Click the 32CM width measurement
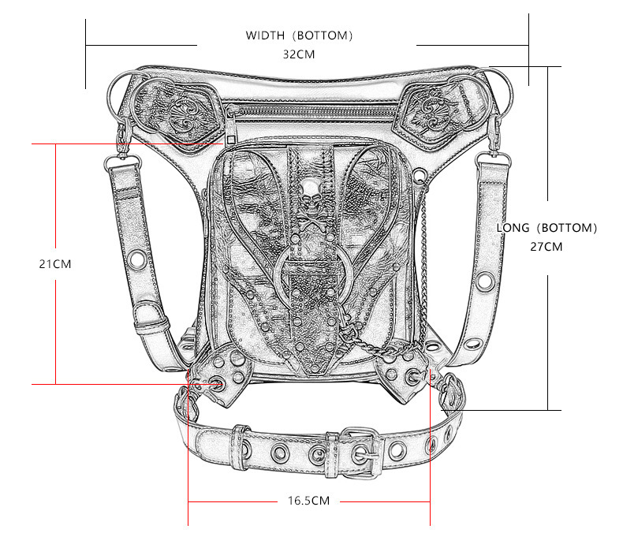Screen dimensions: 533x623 click(x=299, y=55)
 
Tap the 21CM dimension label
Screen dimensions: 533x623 click(x=55, y=264)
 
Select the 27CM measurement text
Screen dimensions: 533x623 click(x=547, y=246)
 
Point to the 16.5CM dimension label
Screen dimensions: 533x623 click(x=308, y=501)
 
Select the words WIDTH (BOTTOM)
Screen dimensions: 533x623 click(x=299, y=35)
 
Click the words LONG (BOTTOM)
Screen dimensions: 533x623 click(x=547, y=228)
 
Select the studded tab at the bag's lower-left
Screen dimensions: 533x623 click(x=223, y=371)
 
